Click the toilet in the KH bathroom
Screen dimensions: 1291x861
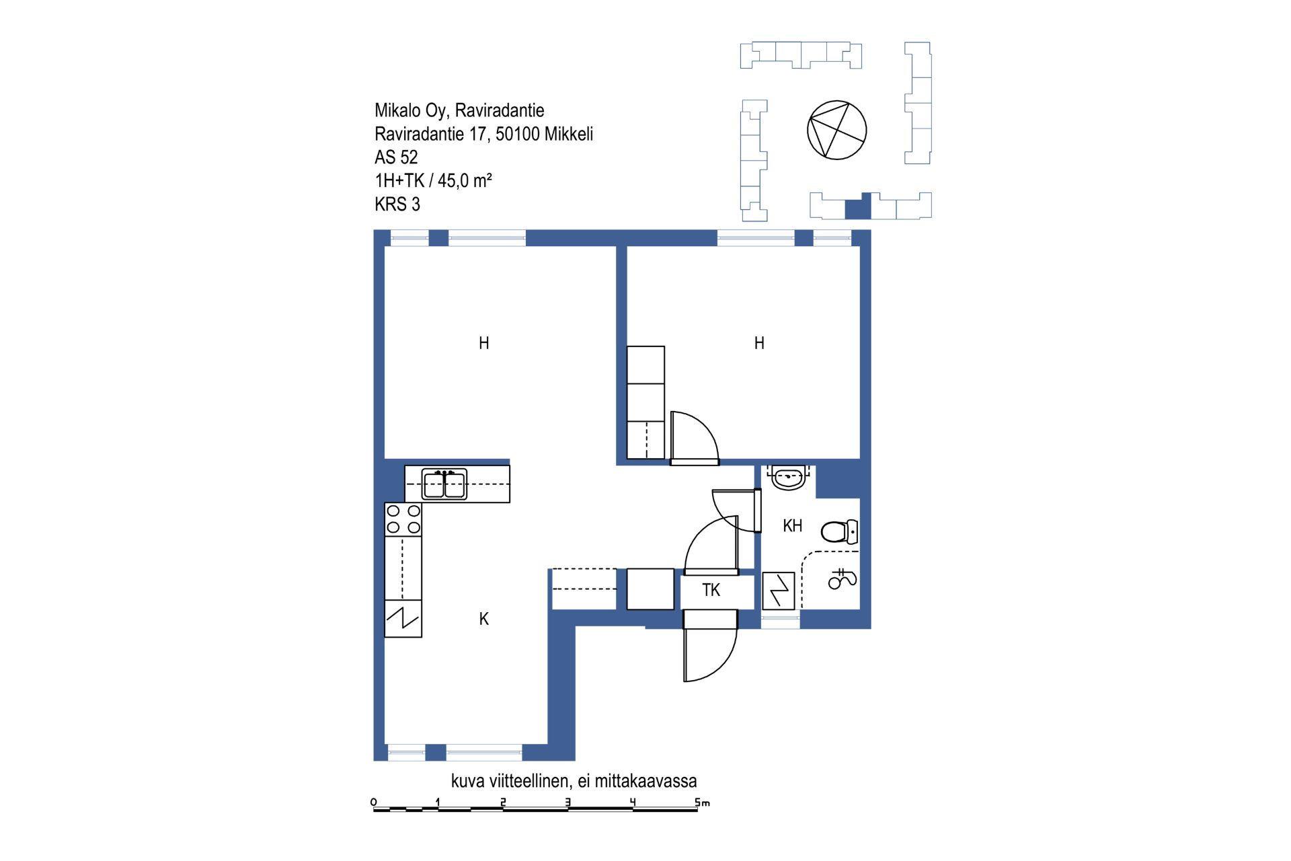tap(839, 531)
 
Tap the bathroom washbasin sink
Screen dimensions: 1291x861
tap(789, 477)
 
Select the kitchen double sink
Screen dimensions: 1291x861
tap(444, 484)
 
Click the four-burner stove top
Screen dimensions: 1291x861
tap(403, 519)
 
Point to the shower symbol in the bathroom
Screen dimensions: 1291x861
tap(842, 578)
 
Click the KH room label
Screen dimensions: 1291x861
tap(793, 526)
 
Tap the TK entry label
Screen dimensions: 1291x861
tap(711, 590)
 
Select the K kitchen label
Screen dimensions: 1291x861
tap(484, 619)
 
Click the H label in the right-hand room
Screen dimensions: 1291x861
tap(759, 343)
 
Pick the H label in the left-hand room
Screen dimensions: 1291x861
tap(484, 343)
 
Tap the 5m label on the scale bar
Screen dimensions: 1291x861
tap(702, 802)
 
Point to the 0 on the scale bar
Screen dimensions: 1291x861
tap(374, 802)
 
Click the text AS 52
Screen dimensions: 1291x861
tap(396, 157)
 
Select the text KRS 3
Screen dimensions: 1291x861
tap(397, 204)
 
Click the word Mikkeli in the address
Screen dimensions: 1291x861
tap(569, 134)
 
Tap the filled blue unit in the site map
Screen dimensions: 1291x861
tap(858, 207)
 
